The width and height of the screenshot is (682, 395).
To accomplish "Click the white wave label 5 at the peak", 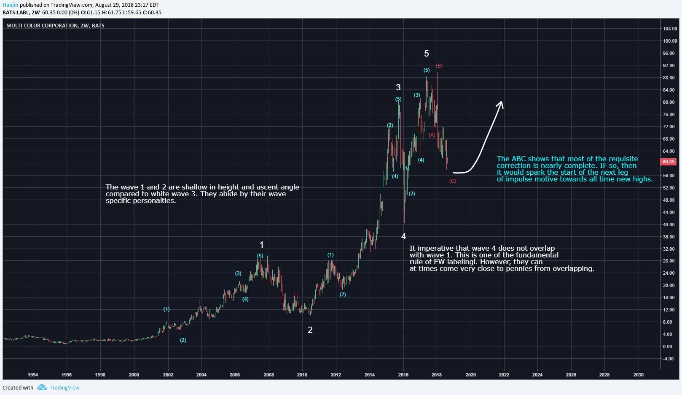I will click(427, 54).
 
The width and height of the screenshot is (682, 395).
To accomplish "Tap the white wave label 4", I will click(403, 236).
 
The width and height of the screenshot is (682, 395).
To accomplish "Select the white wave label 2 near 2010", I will click(310, 330).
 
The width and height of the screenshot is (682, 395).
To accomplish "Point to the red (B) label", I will click(439, 66).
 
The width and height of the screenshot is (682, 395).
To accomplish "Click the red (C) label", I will click(453, 181).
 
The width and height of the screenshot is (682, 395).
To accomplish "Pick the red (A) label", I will click(432, 135).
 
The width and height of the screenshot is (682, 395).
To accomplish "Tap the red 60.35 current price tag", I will click(669, 162).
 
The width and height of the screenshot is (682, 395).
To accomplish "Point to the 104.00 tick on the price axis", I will click(670, 29).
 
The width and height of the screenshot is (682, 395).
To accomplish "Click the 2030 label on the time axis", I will click(638, 375).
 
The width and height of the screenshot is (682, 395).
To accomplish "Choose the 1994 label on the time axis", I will click(33, 375).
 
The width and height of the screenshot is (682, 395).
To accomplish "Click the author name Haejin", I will click(10, 5).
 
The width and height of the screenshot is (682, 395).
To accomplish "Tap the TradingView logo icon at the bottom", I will click(42, 387).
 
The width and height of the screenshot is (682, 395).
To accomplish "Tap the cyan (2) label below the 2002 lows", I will click(183, 340).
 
